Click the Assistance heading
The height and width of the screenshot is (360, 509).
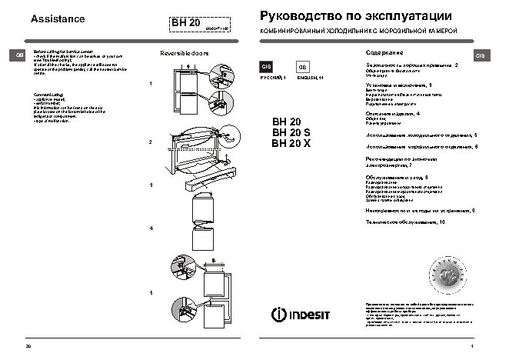pyautogui.click(x=57, y=18)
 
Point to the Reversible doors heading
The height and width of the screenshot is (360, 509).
pyautogui.click(x=184, y=55)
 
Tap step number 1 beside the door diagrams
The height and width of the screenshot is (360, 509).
pyautogui.click(x=151, y=82)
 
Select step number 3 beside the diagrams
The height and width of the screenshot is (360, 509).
pyautogui.click(x=151, y=185)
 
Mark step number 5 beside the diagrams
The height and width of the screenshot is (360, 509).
pyautogui.click(x=151, y=294)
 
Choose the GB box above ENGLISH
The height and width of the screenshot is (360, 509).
pyautogui.click(x=303, y=68)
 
